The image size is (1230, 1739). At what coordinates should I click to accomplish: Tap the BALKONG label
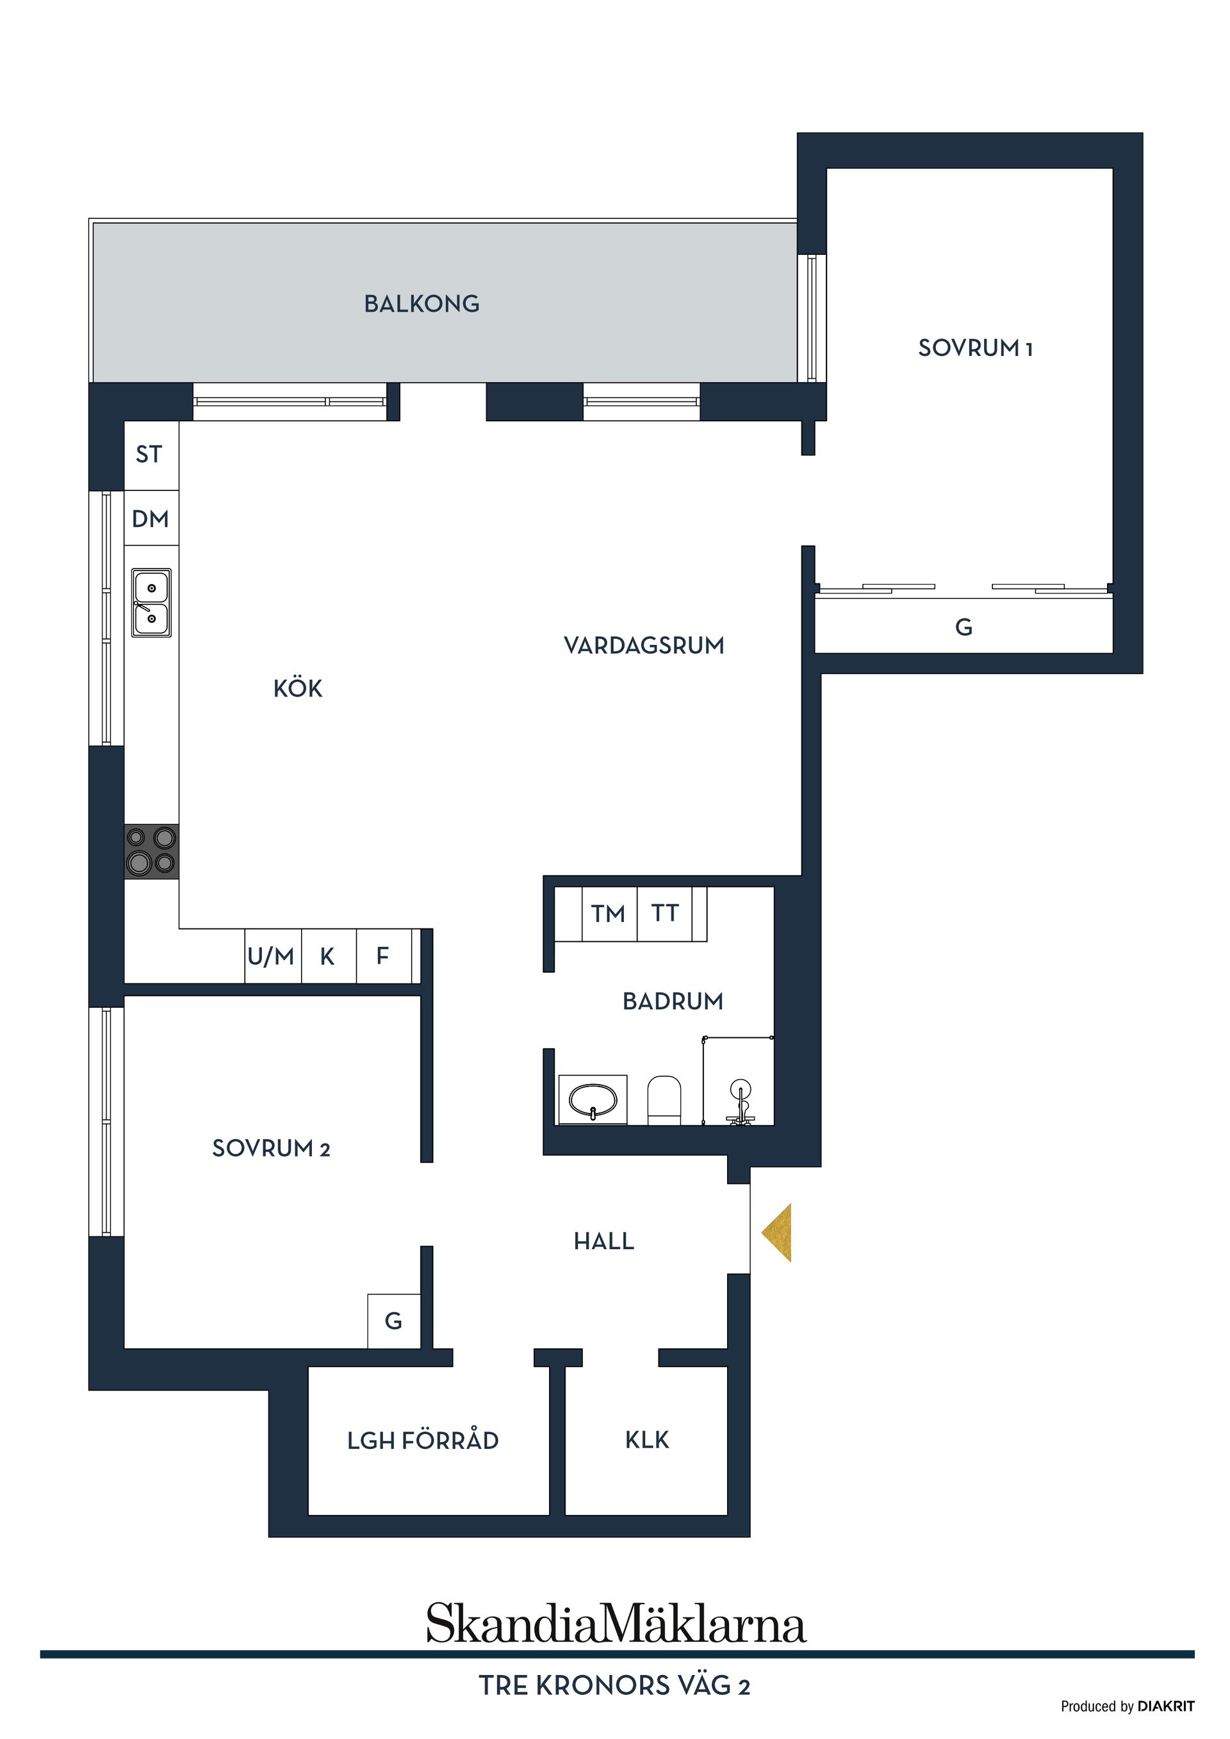[x=422, y=303]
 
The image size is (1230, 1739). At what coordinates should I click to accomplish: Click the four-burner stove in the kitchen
[x=152, y=852]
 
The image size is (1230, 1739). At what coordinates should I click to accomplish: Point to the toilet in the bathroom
[x=664, y=1100]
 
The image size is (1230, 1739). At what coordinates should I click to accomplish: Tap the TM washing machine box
[x=609, y=914]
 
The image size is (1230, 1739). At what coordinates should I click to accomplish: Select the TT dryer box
[x=664, y=914]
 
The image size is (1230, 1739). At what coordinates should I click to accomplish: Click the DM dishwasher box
[x=151, y=519]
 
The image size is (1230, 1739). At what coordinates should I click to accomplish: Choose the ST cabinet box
[x=150, y=455]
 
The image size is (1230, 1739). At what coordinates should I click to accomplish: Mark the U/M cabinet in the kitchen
[x=272, y=956]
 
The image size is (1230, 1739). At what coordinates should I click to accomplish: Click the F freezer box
[x=384, y=956]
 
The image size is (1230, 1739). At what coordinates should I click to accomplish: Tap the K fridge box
[x=328, y=956]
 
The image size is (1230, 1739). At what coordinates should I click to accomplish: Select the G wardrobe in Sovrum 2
[x=393, y=1321]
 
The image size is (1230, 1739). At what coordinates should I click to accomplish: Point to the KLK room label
[x=646, y=1440]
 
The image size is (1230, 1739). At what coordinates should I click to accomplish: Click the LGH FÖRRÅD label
[x=423, y=1441]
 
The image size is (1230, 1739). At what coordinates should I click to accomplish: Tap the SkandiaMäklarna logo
[x=616, y=1624]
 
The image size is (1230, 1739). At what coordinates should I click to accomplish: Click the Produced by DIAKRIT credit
[x=1127, y=1706]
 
